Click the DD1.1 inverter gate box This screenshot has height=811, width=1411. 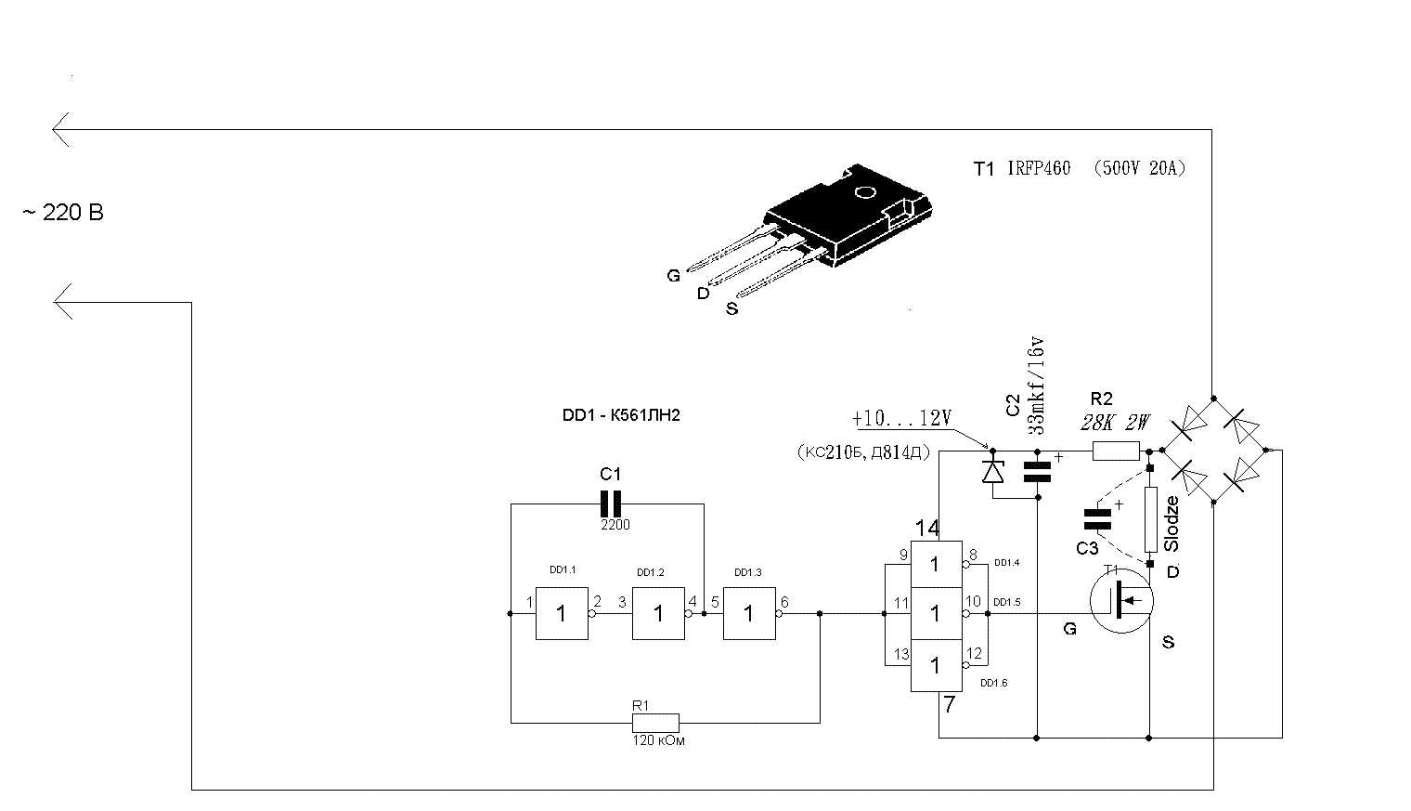[562, 613]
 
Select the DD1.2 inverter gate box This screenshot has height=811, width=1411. [658, 613]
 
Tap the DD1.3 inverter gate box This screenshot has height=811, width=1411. [749, 613]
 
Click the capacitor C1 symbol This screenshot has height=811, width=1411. [610, 504]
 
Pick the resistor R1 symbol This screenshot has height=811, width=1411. [655, 723]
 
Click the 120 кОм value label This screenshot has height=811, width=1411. [658, 741]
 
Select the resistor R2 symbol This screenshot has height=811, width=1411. [1116, 451]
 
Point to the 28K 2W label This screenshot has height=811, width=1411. [1115, 424]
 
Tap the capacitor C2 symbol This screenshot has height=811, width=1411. [1037, 472]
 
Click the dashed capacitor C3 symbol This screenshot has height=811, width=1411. [1097, 519]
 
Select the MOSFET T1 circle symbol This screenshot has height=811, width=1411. [1120, 602]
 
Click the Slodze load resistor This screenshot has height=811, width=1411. [1150, 520]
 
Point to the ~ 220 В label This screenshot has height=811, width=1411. [63, 213]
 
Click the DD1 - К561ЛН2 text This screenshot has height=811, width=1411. [621, 415]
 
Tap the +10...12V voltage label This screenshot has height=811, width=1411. [901, 418]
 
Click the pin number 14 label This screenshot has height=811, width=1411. [926, 529]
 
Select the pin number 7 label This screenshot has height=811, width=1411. [949, 705]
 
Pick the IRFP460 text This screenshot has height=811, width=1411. [1039, 168]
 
